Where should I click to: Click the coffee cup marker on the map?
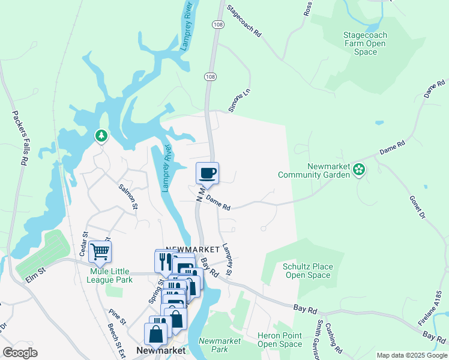click(x=207, y=173)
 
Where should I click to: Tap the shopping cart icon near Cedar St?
click(x=100, y=251)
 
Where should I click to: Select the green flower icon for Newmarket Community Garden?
click(x=359, y=169)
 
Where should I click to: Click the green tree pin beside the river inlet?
click(x=101, y=136)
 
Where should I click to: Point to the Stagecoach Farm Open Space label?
click(x=364, y=44)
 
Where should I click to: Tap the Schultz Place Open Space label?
click(x=306, y=271)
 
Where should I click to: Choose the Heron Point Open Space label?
click(x=280, y=340)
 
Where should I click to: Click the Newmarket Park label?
click(x=219, y=345)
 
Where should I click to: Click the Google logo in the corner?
click(x=20, y=353)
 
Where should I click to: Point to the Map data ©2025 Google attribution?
click(x=411, y=355)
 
